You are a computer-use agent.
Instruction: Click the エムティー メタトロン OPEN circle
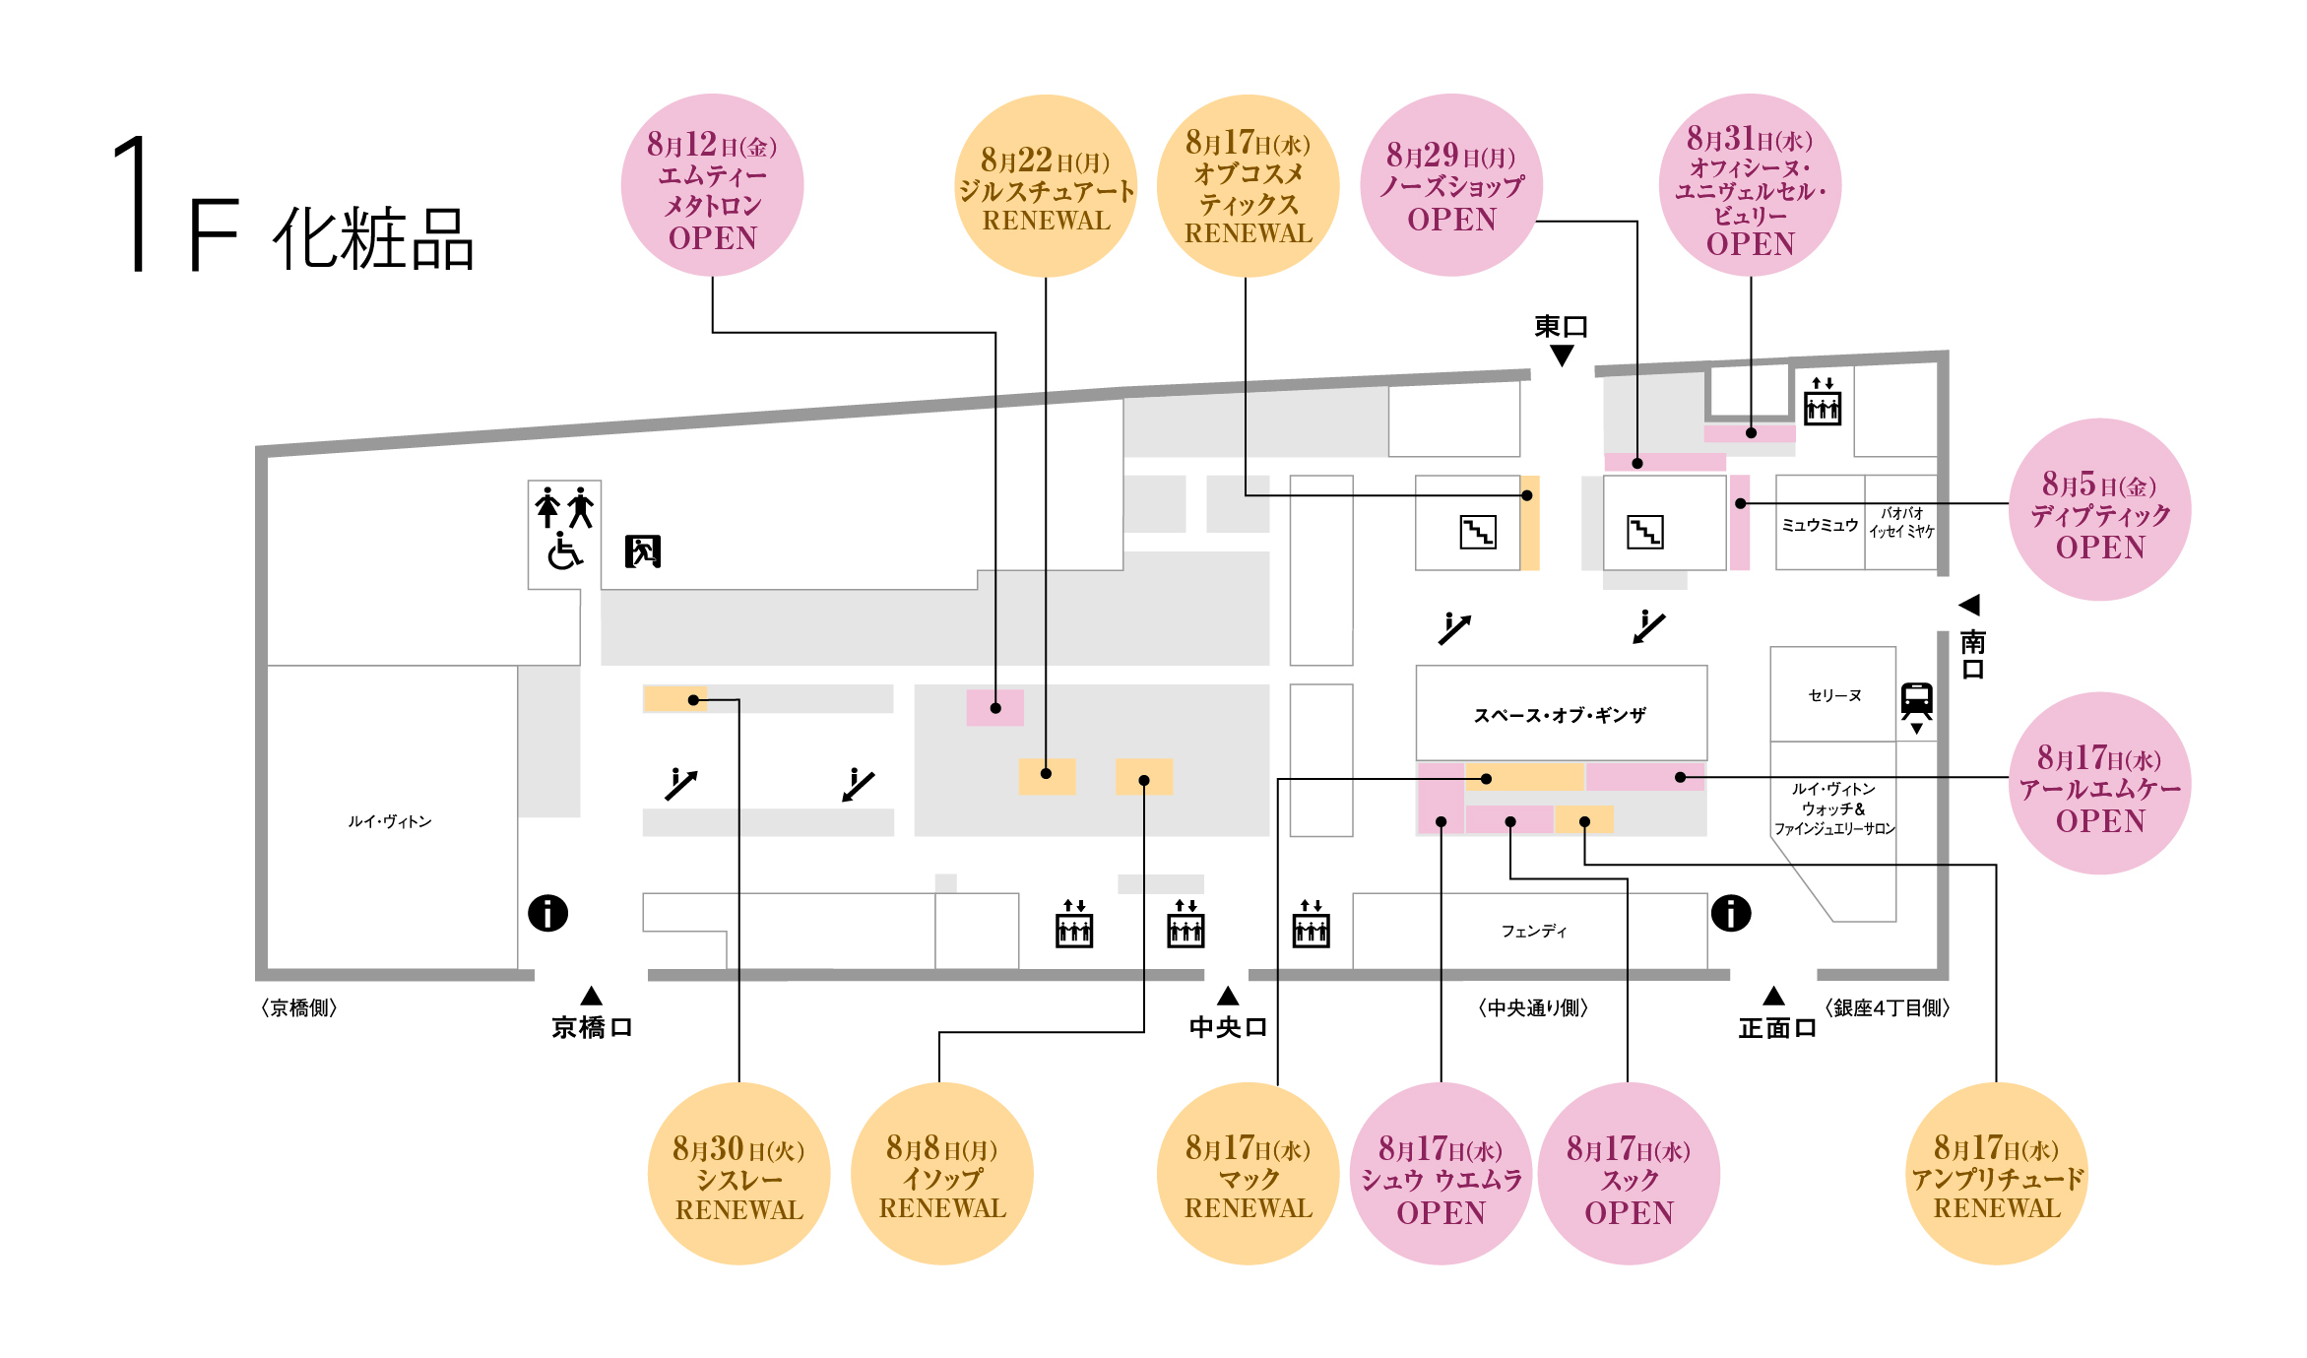pyautogui.click(x=712, y=185)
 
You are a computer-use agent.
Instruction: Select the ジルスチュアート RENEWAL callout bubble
pyautogui.click(x=1046, y=186)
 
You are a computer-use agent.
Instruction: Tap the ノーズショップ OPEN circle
pyautogui.click(x=1450, y=185)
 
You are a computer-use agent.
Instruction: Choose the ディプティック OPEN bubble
pyautogui.click(x=2099, y=510)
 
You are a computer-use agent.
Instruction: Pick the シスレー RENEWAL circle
pyautogui.click(x=738, y=1174)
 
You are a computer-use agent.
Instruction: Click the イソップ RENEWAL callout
pyautogui.click(x=941, y=1174)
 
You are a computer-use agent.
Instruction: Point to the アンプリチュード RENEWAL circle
pyautogui.click(x=1996, y=1174)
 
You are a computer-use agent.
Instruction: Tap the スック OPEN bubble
pyautogui.click(x=1628, y=1174)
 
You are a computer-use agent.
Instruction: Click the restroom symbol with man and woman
pyautogui.click(x=564, y=508)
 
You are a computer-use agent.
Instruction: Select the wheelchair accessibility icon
pyautogui.click(x=564, y=551)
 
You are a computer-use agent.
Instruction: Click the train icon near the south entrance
pyautogui.click(x=1916, y=700)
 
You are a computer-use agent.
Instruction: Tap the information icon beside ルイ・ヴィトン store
pyautogui.click(x=548, y=913)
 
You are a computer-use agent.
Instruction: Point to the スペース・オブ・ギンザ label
pyautogui.click(x=1560, y=715)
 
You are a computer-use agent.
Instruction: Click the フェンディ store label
pyautogui.click(x=1533, y=931)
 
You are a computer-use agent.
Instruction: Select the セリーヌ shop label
pyautogui.click(x=1834, y=695)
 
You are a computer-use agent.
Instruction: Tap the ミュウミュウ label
pyautogui.click(x=1820, y=525)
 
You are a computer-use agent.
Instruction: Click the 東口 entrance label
pyautogui.click(x=1561, y=326)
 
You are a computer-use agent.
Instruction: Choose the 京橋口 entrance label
pyautogui.click(x=591, y=1027)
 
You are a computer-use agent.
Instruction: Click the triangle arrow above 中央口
pyautogui.click(x=1228, y=997)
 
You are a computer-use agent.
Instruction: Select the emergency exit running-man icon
pyautogui.click(x=643, y=551)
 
